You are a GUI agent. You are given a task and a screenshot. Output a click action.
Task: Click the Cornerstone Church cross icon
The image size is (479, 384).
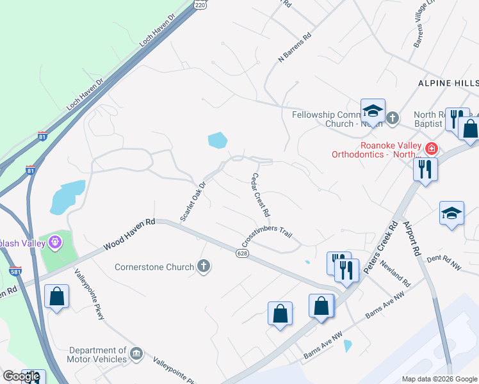[x=204, y=266]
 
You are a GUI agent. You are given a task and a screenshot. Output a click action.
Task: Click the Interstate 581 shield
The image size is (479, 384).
[x=15, y=272]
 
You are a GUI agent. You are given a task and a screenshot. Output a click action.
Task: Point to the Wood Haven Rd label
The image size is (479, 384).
[x=130, y=234]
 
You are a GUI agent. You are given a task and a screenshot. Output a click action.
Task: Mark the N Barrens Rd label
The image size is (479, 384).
[x=294, y=49]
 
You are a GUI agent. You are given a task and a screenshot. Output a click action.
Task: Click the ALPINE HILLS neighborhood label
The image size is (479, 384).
[x=448, y=84]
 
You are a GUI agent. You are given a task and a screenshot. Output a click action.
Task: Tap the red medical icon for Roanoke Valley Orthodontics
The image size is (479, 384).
[x=432, y=149]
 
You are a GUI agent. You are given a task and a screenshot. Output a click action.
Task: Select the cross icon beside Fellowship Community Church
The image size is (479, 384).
[x=393, y=118]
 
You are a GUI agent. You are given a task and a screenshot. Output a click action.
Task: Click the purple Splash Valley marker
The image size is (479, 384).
[x=55, y=243]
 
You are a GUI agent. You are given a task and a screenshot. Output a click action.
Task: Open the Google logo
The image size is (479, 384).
[x=21, y=376]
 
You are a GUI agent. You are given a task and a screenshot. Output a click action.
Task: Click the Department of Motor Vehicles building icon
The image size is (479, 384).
[x=136, y=354]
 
